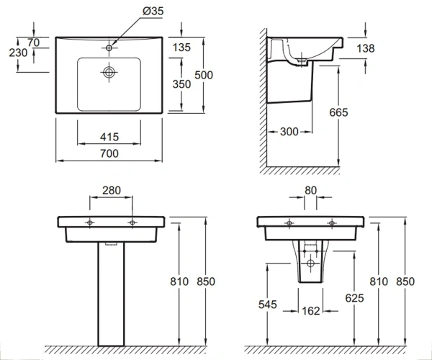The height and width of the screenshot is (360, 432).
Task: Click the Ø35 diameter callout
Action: click(x=153, y=11)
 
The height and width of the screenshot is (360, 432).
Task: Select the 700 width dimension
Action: click(x=109, y=153)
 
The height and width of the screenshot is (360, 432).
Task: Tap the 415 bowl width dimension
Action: click(x=109, y=137)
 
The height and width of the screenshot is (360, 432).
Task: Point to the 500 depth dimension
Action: click(x=204, y=75)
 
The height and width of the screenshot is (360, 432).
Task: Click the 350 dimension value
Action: click(x=181, y=84)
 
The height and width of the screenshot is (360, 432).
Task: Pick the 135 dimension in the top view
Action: click(x=181, y=48)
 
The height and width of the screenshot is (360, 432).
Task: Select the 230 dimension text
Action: click(x=18, y=53)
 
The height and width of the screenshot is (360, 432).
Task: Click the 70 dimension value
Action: click(x=34, y=42)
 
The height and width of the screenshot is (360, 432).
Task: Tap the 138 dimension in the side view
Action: click(x=366, y=48)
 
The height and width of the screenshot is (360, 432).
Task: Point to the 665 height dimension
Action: click(x=338, y=112)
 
